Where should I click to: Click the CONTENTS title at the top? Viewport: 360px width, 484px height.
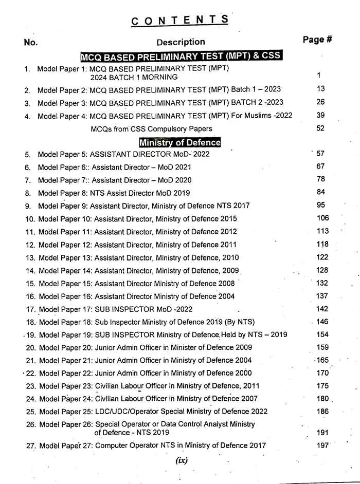pos(180,20)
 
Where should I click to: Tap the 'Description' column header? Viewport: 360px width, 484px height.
pos(181,42)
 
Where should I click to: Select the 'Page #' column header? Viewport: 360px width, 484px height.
pos(317,40)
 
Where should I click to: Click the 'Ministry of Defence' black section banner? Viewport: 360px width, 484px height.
pos(180,142)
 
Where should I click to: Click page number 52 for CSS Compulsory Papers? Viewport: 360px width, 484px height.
pos(320,128)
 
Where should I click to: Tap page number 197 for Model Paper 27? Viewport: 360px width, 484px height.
pos(322,445)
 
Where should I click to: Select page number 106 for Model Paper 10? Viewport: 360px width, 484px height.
pos(322,218)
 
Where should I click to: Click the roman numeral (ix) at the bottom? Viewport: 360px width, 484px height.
pos(181,460)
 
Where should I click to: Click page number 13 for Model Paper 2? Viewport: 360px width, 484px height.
pos(321,89)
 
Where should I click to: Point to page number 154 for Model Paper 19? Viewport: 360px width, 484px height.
pos(322,334)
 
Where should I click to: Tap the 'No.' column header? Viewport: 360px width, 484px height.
pos(31,42)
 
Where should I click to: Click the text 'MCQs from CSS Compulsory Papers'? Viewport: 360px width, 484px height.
pos(151,128)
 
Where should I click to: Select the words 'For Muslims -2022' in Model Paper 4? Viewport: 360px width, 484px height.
pos(262,116)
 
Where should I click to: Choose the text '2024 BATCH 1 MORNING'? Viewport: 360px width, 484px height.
pos(134,77)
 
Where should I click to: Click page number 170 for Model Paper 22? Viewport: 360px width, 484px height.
pos(322,373)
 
